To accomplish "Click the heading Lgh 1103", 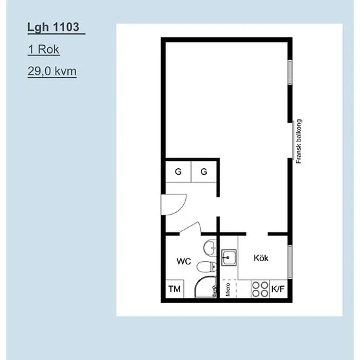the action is click(x=53, y=27).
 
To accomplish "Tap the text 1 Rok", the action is click(x=44, y=49).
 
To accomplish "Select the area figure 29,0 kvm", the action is click(x=52, y=71).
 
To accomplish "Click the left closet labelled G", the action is click(x=179, y=171).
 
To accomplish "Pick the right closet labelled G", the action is click(x=204, y=171).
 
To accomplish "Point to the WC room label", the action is click(x=184, y=261).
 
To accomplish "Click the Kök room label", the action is click(x=261, y=258).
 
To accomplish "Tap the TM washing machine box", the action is click(x=175, y=289).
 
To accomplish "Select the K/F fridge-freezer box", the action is click(x=278, y=289).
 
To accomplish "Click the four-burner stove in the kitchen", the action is click(x=260, y=289).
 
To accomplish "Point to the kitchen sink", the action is click(x=229, y=257).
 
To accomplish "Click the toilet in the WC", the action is click(x=206, y=266).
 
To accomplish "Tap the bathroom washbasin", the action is click(x=210, y=247).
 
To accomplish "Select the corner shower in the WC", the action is click(x=206, y=287).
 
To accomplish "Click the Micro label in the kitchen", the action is click(x=228, y=289).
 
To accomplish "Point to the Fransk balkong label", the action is click(x=298, y=141).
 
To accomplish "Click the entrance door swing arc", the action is click(x=177, y=208).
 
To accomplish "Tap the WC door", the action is click(x=190, y=228).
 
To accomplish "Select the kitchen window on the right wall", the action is click(x=290, y=262).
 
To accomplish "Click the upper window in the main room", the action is click(x=290, y=72).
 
